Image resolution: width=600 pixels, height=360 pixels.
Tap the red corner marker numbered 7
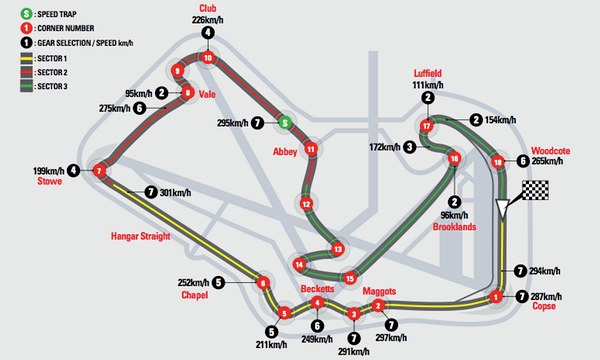click(x=99, y=171)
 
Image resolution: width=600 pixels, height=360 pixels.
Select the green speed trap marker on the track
click(x=285, y=123)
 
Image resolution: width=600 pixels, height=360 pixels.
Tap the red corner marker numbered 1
click(x=495, y=296)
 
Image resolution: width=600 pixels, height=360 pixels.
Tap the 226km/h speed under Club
click(x=207, y=19)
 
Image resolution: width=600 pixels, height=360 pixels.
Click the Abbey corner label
click(x=285, y=150)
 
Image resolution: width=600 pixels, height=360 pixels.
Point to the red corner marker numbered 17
click(x=427, y=126)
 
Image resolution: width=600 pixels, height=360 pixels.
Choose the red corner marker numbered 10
click(x=207, y=58)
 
